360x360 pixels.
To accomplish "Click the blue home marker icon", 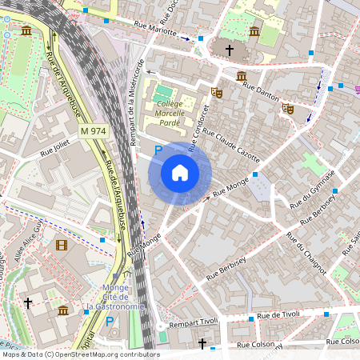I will click(x=180, y=173).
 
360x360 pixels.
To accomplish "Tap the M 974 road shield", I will click(x=94, y=130).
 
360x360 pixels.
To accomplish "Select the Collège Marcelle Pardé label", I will click(x=170, y=113).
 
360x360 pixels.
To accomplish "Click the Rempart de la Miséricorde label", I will click(x=137, y=102).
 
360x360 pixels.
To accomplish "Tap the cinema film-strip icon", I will click(x=62, y=245).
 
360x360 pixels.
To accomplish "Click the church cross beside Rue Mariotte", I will click(x=229, y=50).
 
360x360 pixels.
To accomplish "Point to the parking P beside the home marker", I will click(x=158, y=150).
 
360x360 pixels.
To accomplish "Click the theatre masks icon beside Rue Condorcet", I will click(x=216, y=92).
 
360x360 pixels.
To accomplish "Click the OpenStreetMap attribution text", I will click(x=80, y=354).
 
